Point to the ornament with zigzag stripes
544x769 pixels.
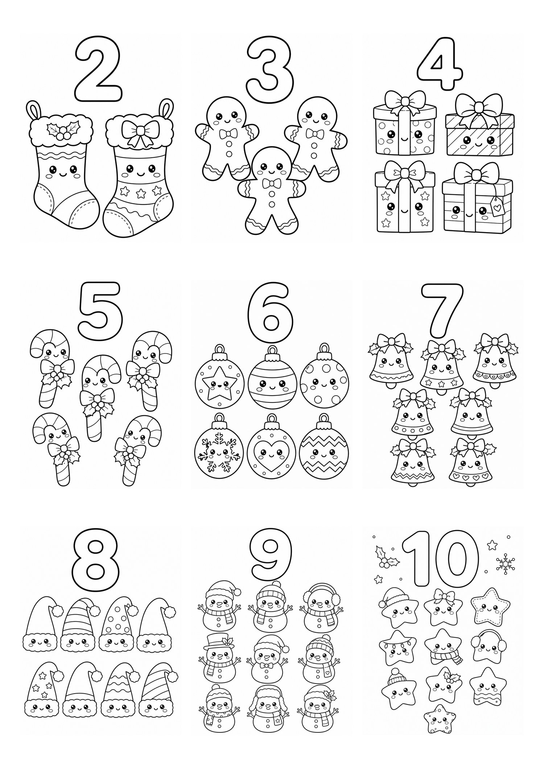click(323, 450)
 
